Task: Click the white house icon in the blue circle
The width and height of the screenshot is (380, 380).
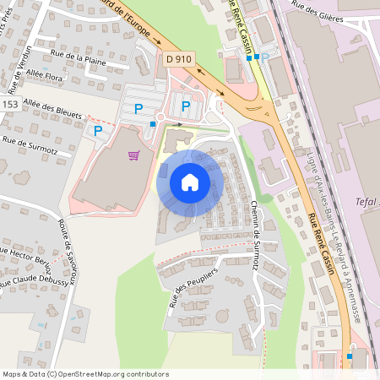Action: [x=190, y=182]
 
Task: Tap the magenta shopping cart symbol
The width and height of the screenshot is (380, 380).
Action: [x=133, y=155]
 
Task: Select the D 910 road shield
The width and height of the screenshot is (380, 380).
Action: [x=178, y=58]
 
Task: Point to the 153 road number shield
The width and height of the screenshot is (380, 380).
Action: [x=9, y=103]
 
